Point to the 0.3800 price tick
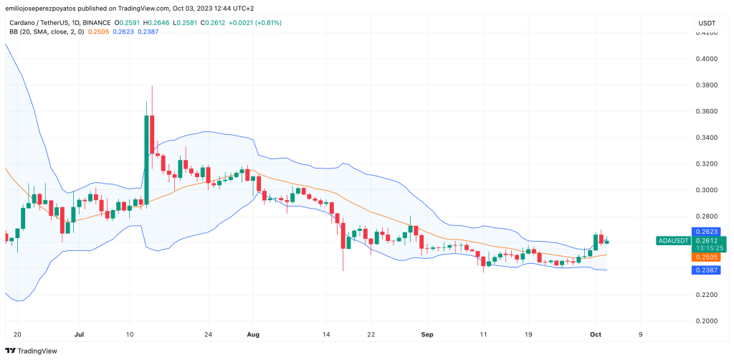707,85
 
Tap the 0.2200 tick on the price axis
707,295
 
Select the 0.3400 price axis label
707,138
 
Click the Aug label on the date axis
252,334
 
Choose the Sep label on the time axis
427,334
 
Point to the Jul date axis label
80,334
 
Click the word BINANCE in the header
92,23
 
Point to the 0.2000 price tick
707,321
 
